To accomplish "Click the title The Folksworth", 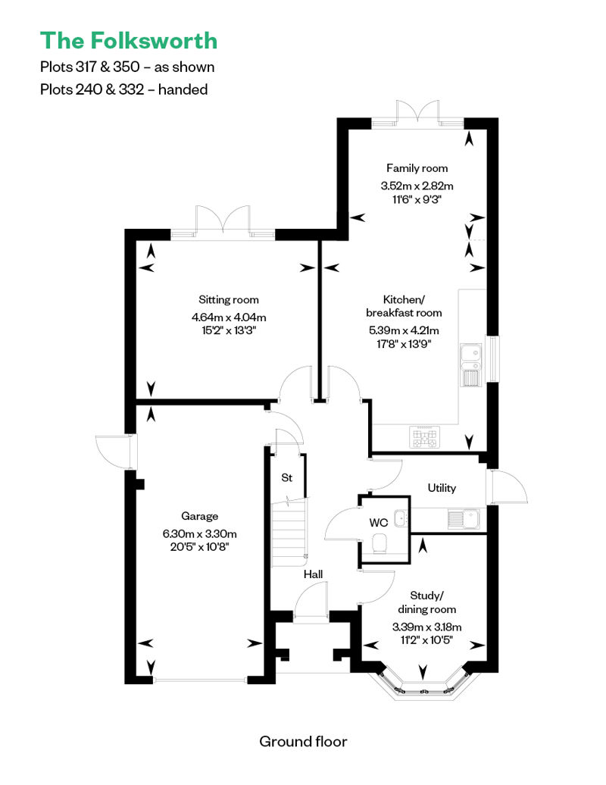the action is (x=129, y=41).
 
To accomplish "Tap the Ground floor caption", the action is (x=303, y=742).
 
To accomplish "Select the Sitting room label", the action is (x=229, y=300).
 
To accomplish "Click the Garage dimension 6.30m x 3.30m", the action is (x=200, y=533).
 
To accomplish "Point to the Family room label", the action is (x=417, y=168).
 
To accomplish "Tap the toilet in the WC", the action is (x=380, y=543).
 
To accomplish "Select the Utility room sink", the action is (x=464, y=519).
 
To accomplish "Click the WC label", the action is (x=379, y=523).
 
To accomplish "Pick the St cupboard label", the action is (x=287, y=477).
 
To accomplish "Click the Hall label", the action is (x=314, y=574).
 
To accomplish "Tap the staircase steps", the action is (x=289, y=532).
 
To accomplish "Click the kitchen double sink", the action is (x=471, y=365).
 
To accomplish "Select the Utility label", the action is (x=442, y=488).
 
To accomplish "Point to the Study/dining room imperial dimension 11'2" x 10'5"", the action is (x=427, y=640).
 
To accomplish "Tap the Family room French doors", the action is (x=417, y=111).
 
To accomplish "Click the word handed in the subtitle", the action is (x=183, y=89).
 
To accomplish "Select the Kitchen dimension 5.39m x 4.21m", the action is (x=404, y=330).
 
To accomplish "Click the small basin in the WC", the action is (x=400, y=518).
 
